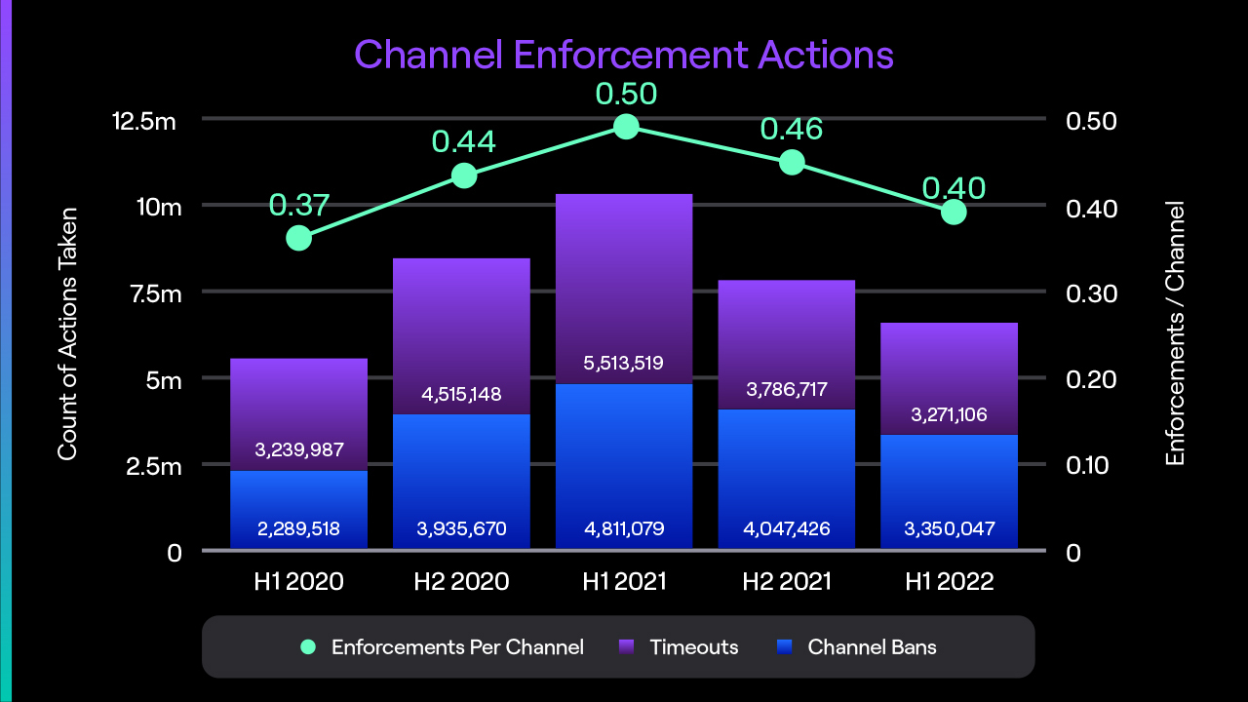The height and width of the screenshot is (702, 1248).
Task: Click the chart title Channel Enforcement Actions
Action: click(624, 55)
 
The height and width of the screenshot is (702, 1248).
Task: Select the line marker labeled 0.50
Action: click(626, 127)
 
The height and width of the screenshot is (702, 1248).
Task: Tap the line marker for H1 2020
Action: click(299, 238)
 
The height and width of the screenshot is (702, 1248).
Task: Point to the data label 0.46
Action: click(791, 129)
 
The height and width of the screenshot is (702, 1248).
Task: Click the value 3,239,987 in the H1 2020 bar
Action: click(298, 450)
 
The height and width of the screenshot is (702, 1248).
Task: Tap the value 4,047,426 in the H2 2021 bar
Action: click(786, 529)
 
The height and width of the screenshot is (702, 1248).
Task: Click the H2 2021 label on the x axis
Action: click(786, 582)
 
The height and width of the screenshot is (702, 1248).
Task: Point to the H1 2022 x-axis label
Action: click(949, 582)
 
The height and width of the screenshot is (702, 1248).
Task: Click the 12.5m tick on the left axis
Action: click(144, 122)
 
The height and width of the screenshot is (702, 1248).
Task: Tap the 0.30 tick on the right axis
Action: click(1092, 294)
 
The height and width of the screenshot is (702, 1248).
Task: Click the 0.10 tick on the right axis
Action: click(1092, 465)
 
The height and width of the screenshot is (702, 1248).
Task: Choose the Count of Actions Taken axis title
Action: click(67, 333)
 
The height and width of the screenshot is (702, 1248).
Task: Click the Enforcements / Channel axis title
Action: click(1176, 333)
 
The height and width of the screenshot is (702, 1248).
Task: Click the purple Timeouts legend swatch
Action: click(628, 646)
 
